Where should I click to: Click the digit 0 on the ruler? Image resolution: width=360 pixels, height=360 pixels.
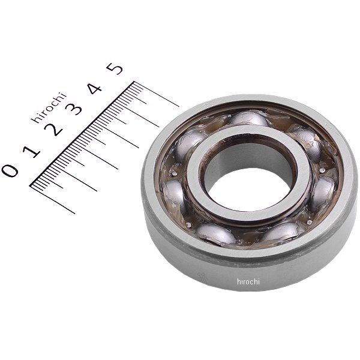(x=10, y=170)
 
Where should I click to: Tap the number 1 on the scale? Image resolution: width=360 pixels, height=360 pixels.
(x=31, y=151)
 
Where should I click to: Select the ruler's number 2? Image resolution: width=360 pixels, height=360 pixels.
(x=53, y=130)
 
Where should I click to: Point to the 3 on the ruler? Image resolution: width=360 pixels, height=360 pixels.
(x=73, y=108)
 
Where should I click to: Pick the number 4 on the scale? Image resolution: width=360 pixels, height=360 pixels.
(x=95, y=88)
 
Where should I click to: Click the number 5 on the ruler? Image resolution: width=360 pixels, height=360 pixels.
(x=115, y=68)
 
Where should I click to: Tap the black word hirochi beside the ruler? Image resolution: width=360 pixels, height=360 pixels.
(x=49, y=107)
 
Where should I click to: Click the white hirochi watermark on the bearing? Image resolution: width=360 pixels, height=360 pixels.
(x=248, y=281)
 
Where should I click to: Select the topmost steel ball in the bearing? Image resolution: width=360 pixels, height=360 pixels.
(x=249, y=118)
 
